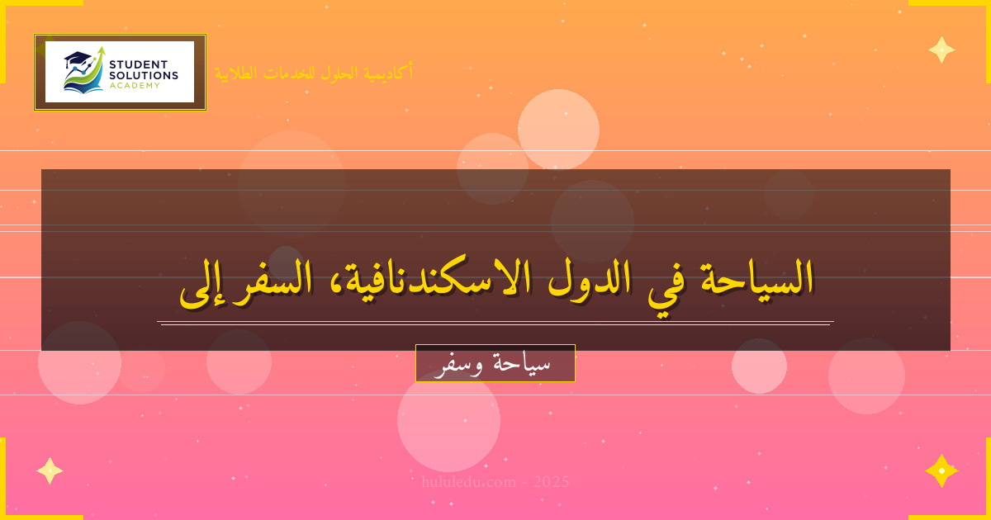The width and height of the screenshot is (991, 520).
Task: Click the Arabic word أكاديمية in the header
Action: click(x=386, y=73)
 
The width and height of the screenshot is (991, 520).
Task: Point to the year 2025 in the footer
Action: click(x=552, y=482)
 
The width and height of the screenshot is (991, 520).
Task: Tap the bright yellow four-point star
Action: click(x=941, y=470)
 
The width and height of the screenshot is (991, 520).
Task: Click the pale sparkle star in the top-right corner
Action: click(x=941, y=50)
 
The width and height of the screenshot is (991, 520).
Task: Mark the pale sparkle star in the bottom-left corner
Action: click(x=50, y=470)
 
